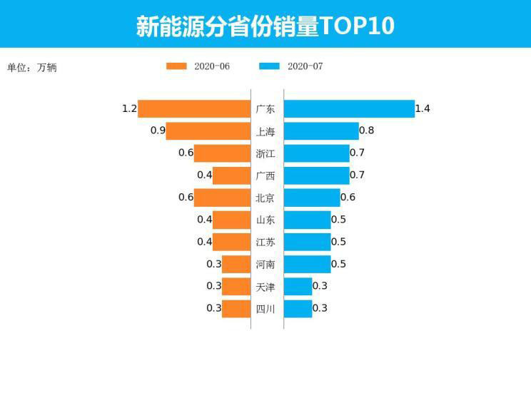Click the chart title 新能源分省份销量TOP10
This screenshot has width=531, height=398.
(x=265, y=25)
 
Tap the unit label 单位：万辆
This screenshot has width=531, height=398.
(x=31, y=68)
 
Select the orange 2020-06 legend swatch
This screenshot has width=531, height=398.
(x=176, y=66)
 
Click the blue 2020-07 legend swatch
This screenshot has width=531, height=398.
(x=269, y=66)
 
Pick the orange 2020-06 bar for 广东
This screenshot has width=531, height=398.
(x=194, y=108)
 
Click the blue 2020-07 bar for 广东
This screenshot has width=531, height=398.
(x=349, y=108)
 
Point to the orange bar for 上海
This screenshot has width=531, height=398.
(x=208, y=131)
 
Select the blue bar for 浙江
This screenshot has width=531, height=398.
(x=317, y=153)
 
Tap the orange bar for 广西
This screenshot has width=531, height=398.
(x=231, y=175)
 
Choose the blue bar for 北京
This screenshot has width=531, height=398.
(x=312, y=197)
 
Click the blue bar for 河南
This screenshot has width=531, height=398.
(x=308, y=264)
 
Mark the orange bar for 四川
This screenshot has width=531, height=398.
(x=236, y=308)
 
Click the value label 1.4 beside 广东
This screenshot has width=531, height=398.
(x=423, y=108)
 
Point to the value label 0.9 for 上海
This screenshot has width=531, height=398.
(x=158, y=131)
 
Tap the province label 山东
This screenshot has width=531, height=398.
(x=265, y=220)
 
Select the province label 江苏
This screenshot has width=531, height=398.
(x=265, y=242)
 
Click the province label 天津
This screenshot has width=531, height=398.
(x=265, y=287)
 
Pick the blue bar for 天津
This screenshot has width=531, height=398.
(x=298, y=286)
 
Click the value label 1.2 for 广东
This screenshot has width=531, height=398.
(x=129, y=108)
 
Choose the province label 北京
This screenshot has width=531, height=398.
(x=265, y=198)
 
